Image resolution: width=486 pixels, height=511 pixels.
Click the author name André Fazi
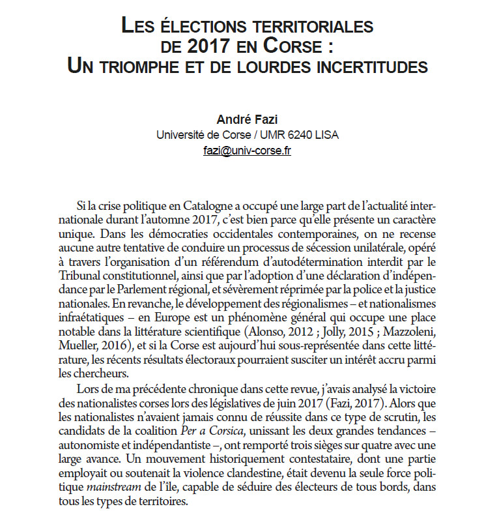[247, 119]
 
